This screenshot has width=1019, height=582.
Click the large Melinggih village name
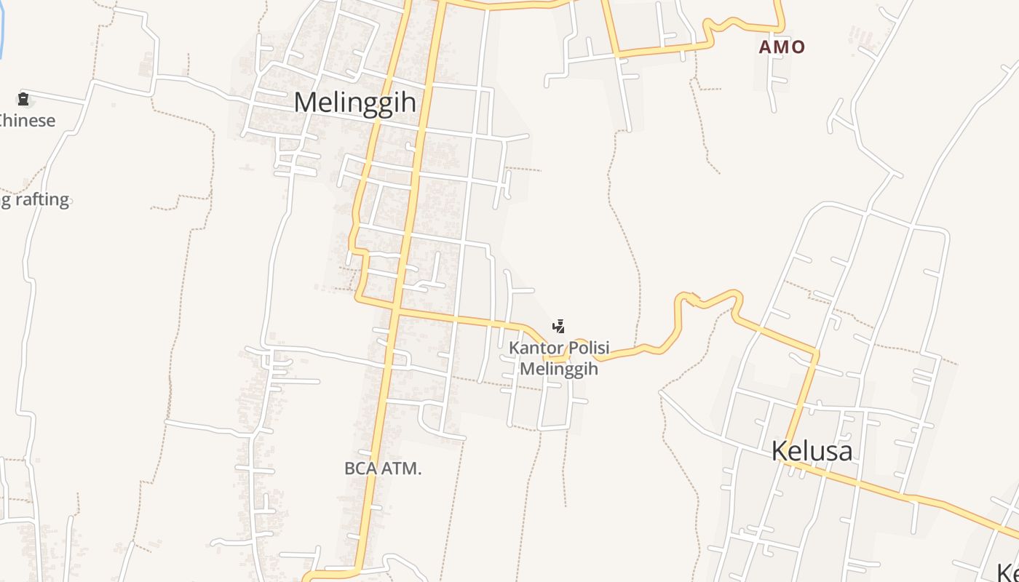pos(355,102)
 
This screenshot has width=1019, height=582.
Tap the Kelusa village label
pos(812,451)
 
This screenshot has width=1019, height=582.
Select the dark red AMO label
pos(782,47)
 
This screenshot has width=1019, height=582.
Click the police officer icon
pos(559,326)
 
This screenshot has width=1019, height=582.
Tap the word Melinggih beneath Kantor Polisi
pos(559,369)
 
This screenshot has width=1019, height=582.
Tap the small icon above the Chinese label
pos(23,99)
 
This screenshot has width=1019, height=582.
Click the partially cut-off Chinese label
pos(27,120)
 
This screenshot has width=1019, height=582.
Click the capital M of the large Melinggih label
pos(306,102)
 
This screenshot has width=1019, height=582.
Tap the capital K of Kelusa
pos(780,451)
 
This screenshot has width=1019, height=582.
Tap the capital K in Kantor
pos(515,348)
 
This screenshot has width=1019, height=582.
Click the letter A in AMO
pos(766,47)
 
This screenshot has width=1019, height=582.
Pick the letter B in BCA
pos(349,469)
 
